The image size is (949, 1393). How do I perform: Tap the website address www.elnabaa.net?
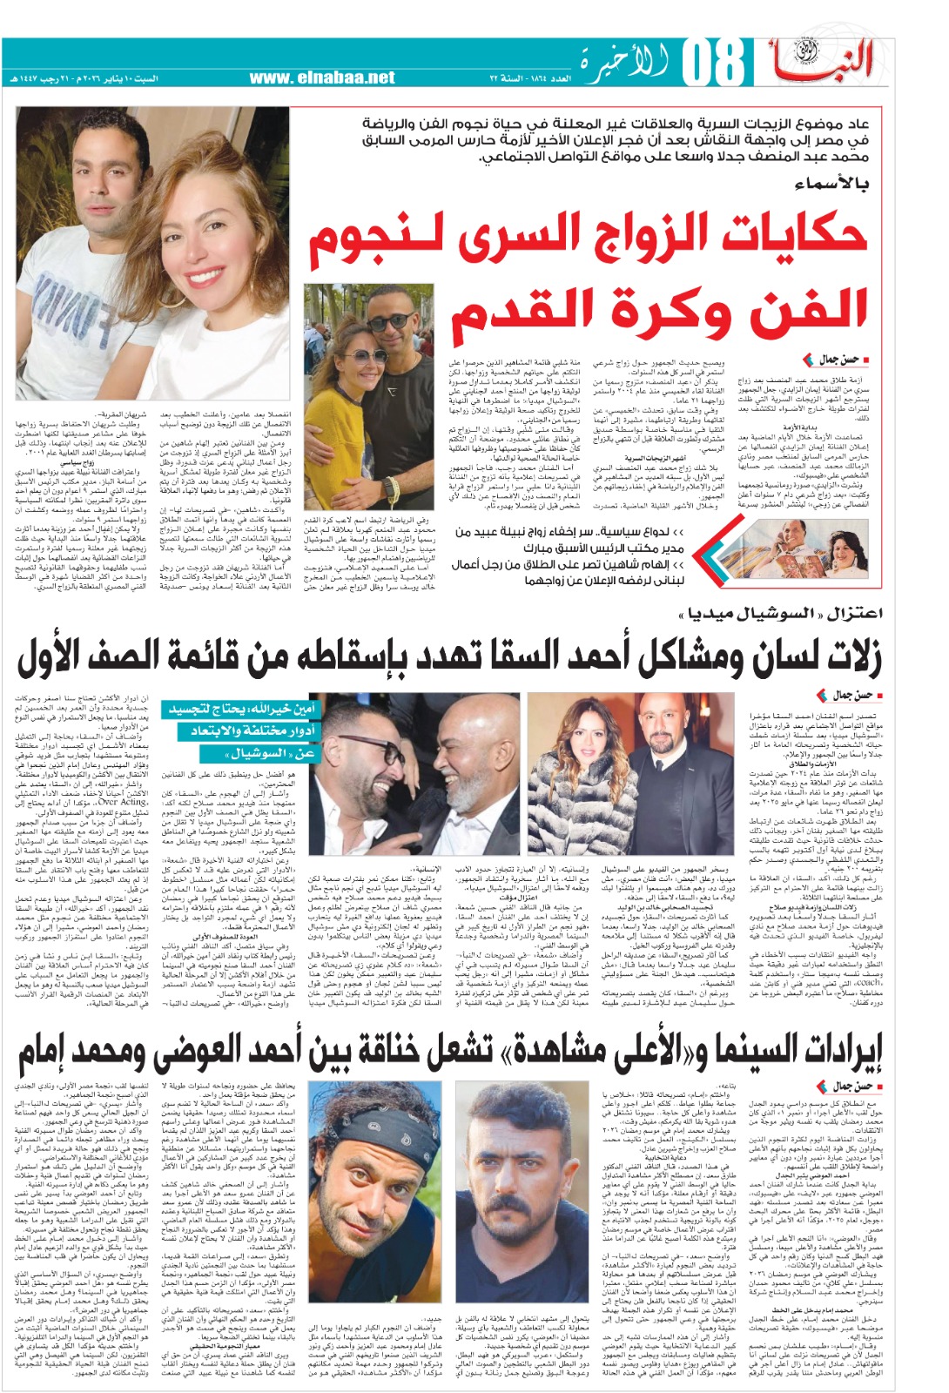[x=321, y=78]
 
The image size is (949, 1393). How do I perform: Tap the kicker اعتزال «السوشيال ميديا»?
[x=779, y=614]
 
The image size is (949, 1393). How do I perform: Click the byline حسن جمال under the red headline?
[x=838, y=359]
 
